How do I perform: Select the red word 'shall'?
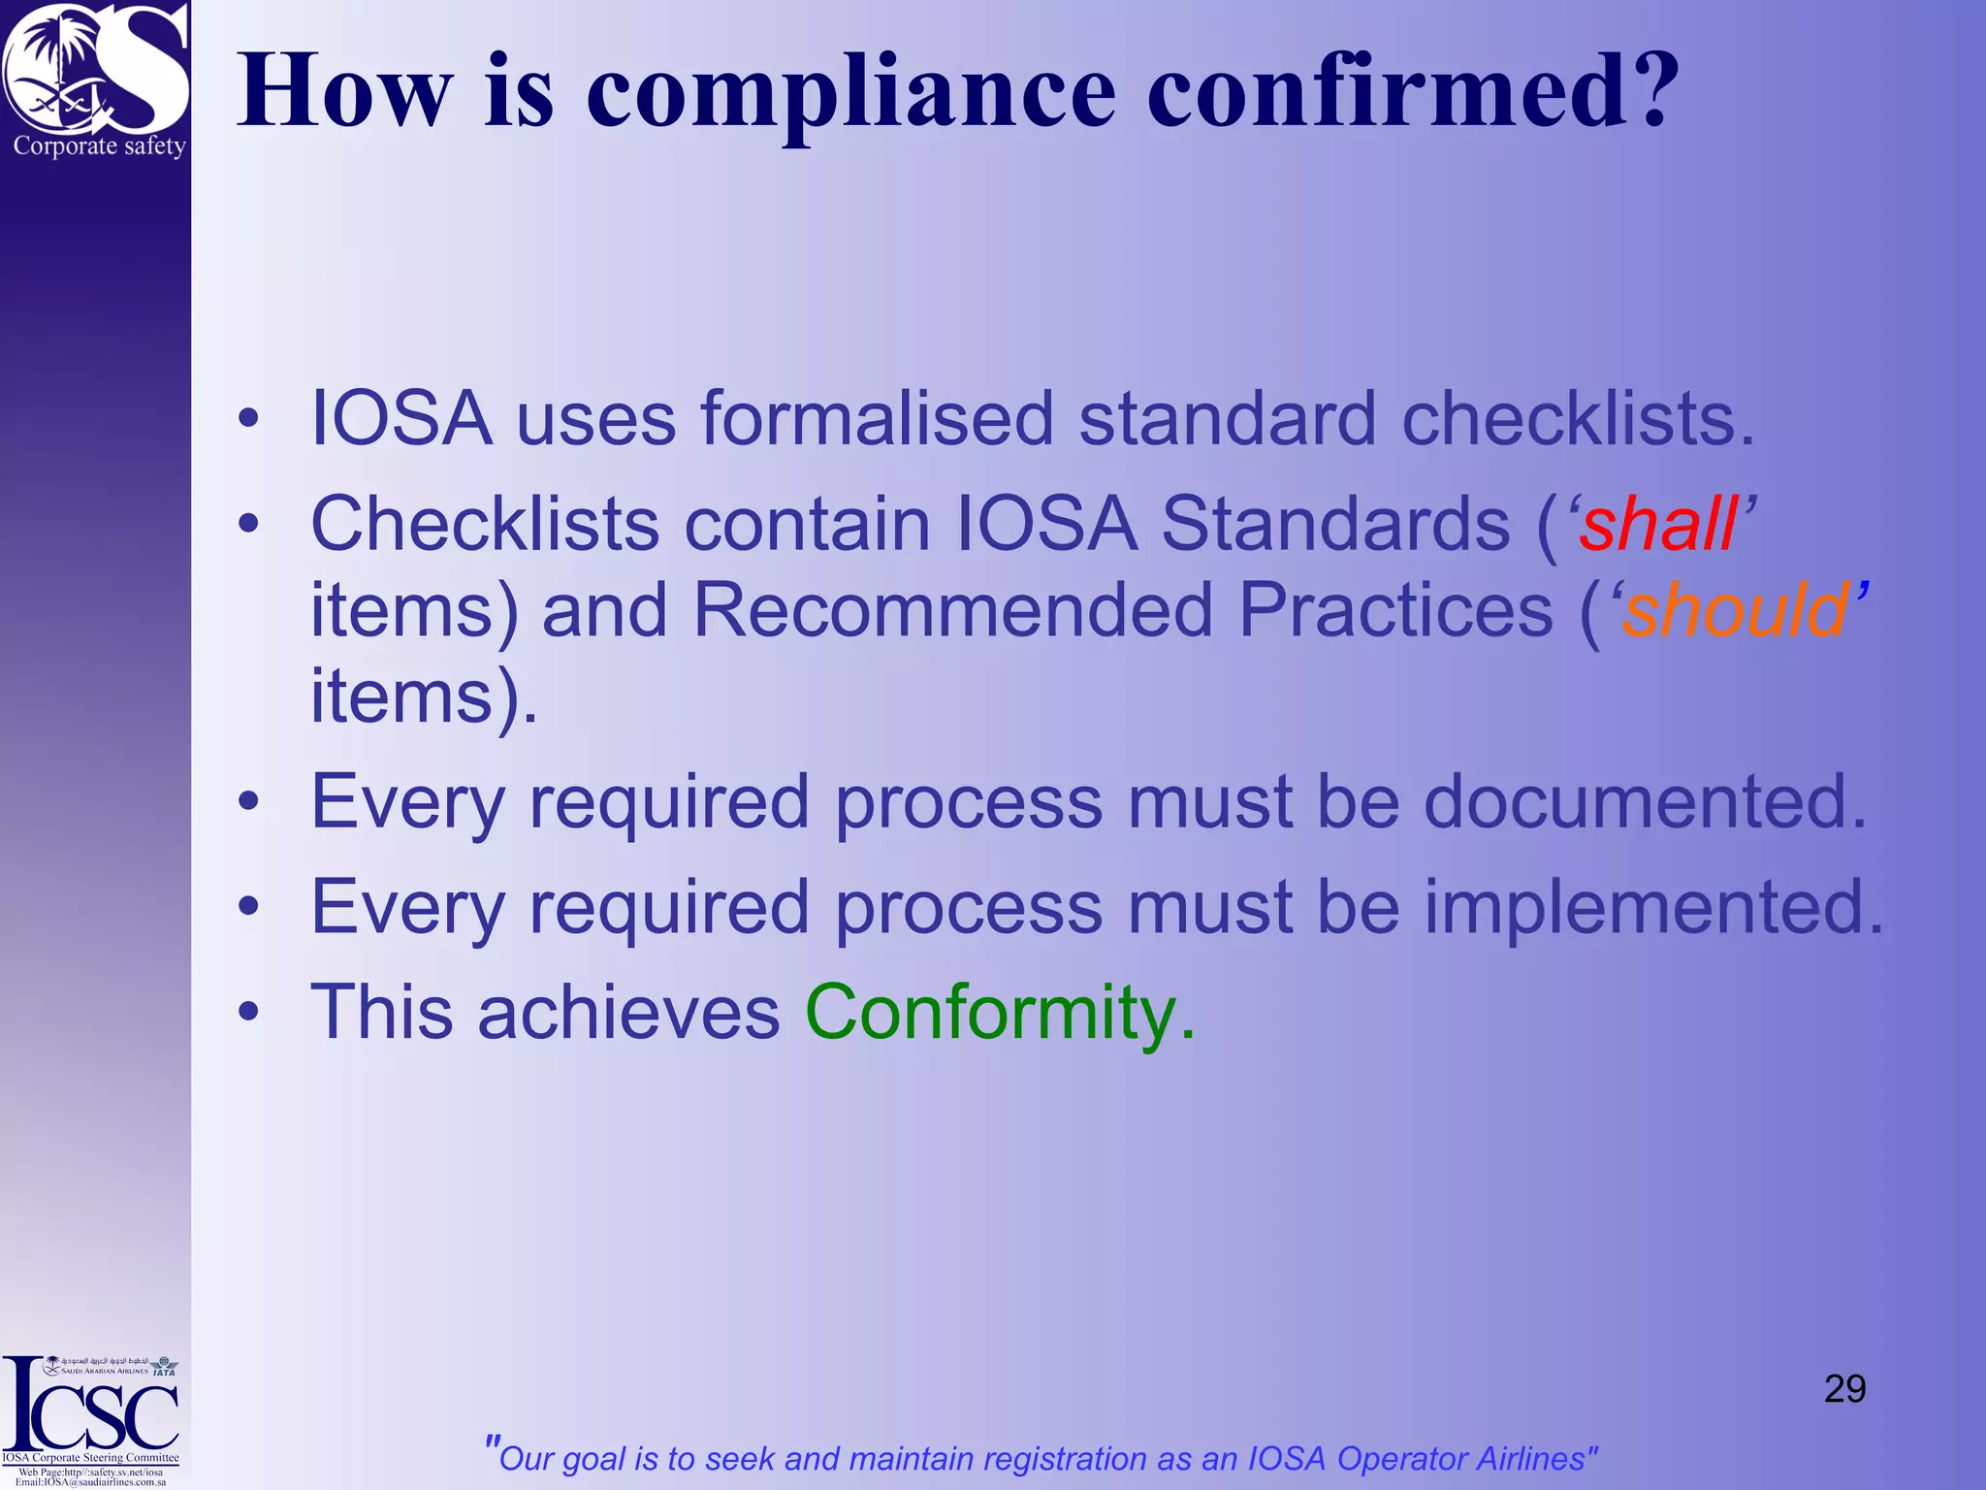[1658, 525]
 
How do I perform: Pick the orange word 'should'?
[1736, 611]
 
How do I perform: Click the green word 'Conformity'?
[990, 1013]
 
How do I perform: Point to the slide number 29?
[1844, 1389]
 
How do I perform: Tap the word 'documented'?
[1645, 802]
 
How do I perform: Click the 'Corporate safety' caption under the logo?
[99, 146]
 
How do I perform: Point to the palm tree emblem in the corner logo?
[58, 58]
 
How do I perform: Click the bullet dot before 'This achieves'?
[249, 1013]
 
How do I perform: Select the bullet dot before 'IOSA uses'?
[249, 419]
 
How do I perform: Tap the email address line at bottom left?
[90, 1482]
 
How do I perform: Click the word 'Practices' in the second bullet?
[1396, 611]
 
